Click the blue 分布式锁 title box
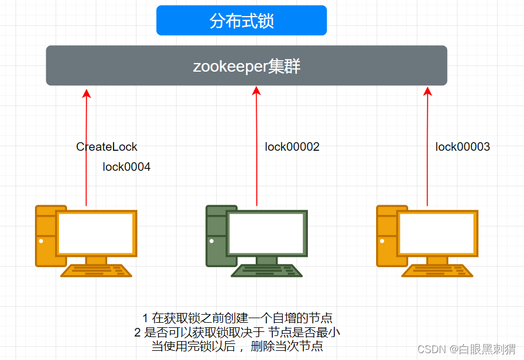point(241,21)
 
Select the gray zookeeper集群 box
point(247,66)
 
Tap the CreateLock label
point(107,147)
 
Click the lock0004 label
point(127,167)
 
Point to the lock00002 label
point(292,147)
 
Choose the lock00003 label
point(463,147)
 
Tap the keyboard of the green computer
point(267,271)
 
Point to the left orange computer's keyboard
point(96,271)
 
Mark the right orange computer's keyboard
point(437,271)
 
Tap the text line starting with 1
point(237,318)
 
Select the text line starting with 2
point(237,332)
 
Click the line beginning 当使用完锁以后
point(237,346)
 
